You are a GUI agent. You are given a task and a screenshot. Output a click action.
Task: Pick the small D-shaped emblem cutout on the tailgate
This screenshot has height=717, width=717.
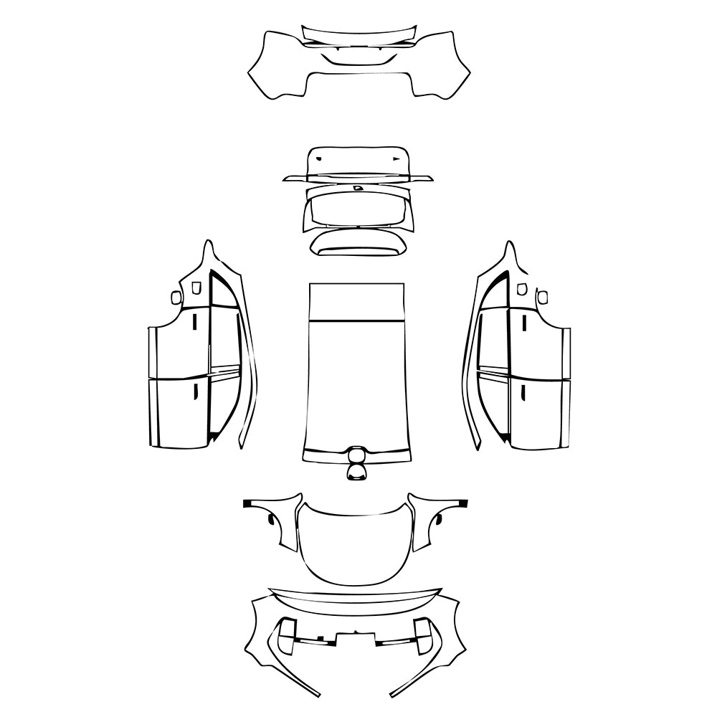pyautogui.click(x=358, y=188)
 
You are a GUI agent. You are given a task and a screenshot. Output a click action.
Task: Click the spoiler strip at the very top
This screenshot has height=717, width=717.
pyautogui.click(x=358, y=34)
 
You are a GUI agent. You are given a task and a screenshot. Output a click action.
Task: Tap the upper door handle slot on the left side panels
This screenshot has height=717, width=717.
pyautogui.click(x=194, y=323)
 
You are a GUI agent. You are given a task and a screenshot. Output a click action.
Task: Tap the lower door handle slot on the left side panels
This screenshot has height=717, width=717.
pyautogui.click(x=194, y=391)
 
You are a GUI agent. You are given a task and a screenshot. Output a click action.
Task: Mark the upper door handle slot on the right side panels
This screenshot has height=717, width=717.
pyautogui.click(x=523, y=323)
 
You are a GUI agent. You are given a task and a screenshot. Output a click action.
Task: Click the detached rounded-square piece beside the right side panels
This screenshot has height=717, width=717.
pyautogui.click(x=542, y=296)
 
